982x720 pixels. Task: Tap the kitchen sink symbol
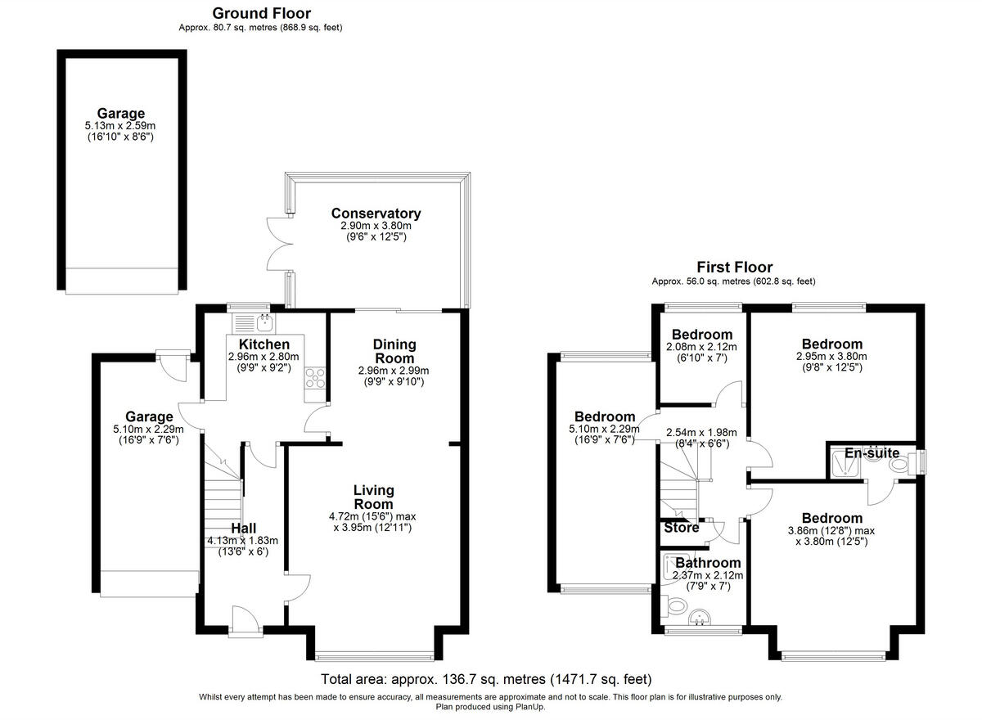tap(264, 320)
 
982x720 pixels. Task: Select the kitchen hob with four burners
tap(315, 378)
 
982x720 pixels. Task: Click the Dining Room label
tap(394, 351)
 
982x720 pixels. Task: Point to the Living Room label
tap(373, 497)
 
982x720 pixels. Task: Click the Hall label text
tap(244, 528)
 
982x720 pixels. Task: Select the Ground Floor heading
tap(261, 13)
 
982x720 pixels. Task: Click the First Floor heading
tap(734, 267)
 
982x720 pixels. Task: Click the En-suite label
tap(872, 453)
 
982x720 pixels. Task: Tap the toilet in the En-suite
tap(898, 466)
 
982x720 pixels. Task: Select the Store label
tap(681, 528)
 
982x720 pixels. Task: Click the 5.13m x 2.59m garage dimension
tap(121, 126)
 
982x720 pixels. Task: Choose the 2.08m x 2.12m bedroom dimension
tap(701, 347)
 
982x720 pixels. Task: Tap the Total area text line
tap(486, 679)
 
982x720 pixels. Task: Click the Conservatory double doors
tap(278, 245)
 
